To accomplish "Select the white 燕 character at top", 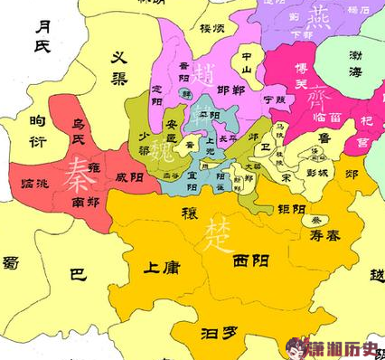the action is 318,15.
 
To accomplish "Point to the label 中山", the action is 241,61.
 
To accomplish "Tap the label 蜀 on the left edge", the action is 10,262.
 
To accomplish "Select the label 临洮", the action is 34,184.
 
